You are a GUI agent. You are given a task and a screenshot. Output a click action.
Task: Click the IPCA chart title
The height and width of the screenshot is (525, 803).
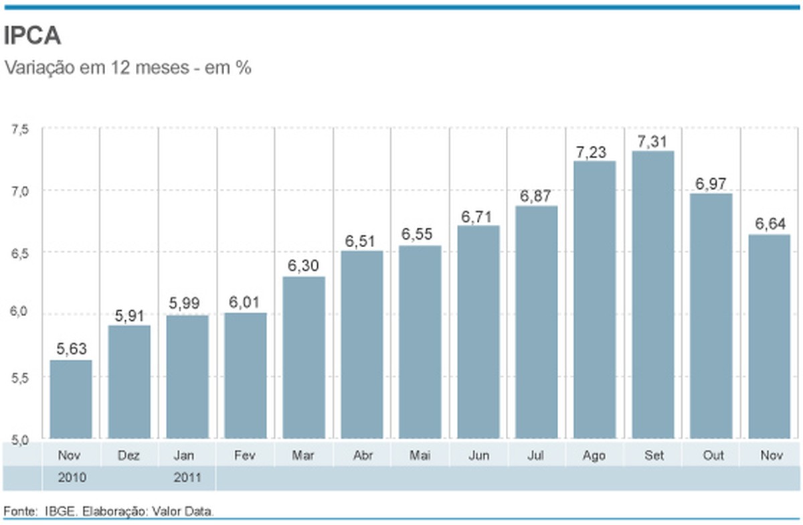click(33, 36)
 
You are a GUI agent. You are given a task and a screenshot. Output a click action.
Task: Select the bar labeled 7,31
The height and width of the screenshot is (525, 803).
click(652, 295)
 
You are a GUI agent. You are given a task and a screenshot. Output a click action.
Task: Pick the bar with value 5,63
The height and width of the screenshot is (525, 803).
click(71, 399)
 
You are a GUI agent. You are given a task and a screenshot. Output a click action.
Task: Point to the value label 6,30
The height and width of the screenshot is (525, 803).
click(304, 266)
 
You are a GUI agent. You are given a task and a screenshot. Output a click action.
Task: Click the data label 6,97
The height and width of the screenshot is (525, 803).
click(711, 183)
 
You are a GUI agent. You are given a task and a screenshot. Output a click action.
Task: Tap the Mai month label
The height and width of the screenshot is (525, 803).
click(420, 455)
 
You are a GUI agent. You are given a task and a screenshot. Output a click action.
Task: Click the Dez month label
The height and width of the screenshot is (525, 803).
click(129, 455)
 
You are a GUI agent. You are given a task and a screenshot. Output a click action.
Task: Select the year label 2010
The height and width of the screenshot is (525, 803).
click(71, 479)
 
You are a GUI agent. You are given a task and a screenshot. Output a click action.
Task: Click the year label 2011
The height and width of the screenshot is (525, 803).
click(187, 479)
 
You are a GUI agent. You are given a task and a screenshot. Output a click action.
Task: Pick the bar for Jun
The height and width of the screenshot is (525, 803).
click(478, 331)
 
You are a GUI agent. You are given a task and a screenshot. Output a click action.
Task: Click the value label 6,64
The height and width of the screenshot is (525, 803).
click(769, 224)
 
